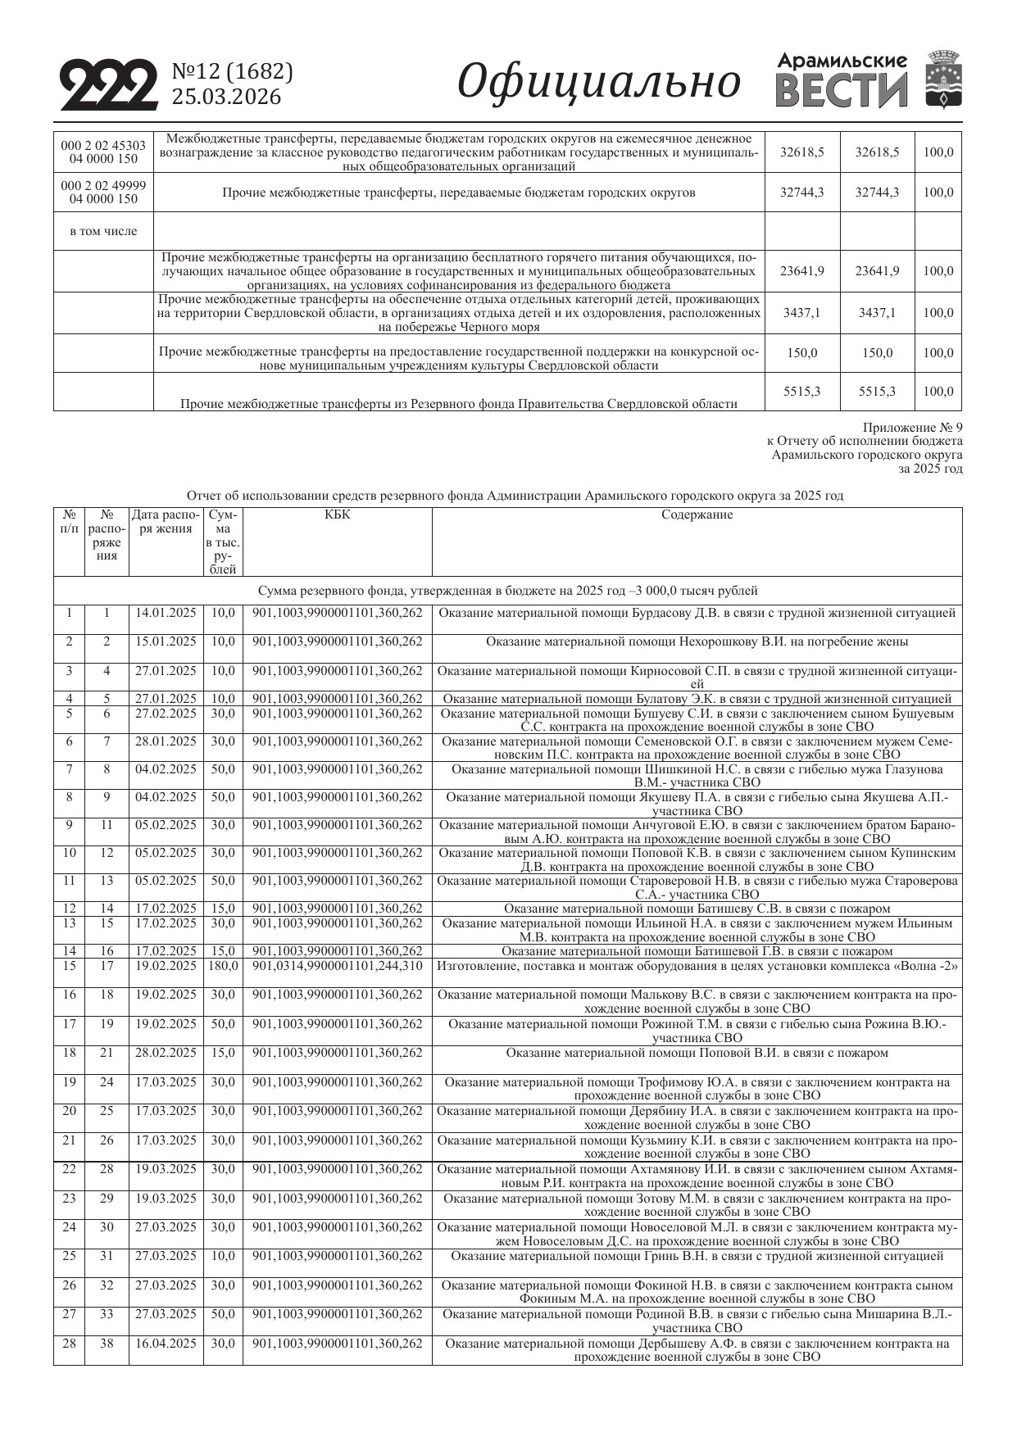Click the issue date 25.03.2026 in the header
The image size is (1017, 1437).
tap(226, 97)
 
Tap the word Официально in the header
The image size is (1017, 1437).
tap(598, 83)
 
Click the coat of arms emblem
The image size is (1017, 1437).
tap(943, 79)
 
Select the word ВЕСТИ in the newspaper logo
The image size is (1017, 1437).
tap(842, 91)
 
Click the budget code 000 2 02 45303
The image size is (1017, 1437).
tap(103, 146)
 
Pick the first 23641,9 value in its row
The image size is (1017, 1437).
tap(802, 271)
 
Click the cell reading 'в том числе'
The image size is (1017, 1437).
tap(103, 232)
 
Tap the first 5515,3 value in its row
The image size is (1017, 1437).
tap(802, 392)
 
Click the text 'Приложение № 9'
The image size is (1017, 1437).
tap(912, 428)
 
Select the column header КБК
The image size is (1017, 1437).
tap(337, 515)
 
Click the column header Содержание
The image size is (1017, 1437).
tap(697, 515)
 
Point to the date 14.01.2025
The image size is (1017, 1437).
tap(166, 613)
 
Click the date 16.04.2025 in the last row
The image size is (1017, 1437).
tap(166, 1344)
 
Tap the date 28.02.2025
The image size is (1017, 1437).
tap(166, 1053)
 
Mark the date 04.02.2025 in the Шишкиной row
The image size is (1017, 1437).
tap(166, 770)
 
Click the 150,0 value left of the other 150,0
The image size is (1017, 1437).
tap(802, 353)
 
